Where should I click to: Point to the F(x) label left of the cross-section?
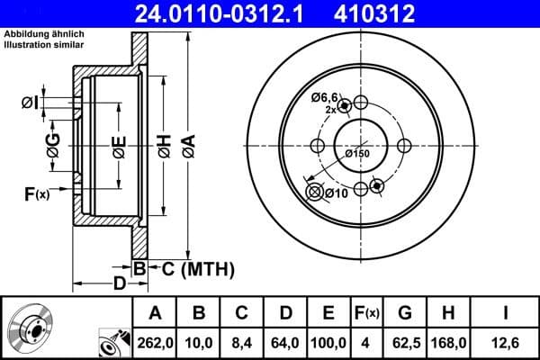click(x=36, y=193)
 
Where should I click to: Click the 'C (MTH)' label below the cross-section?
click(x=192, y=268)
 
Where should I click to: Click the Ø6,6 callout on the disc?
click(x=325, y=96)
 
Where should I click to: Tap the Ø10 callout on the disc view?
click(x=336, y=193)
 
